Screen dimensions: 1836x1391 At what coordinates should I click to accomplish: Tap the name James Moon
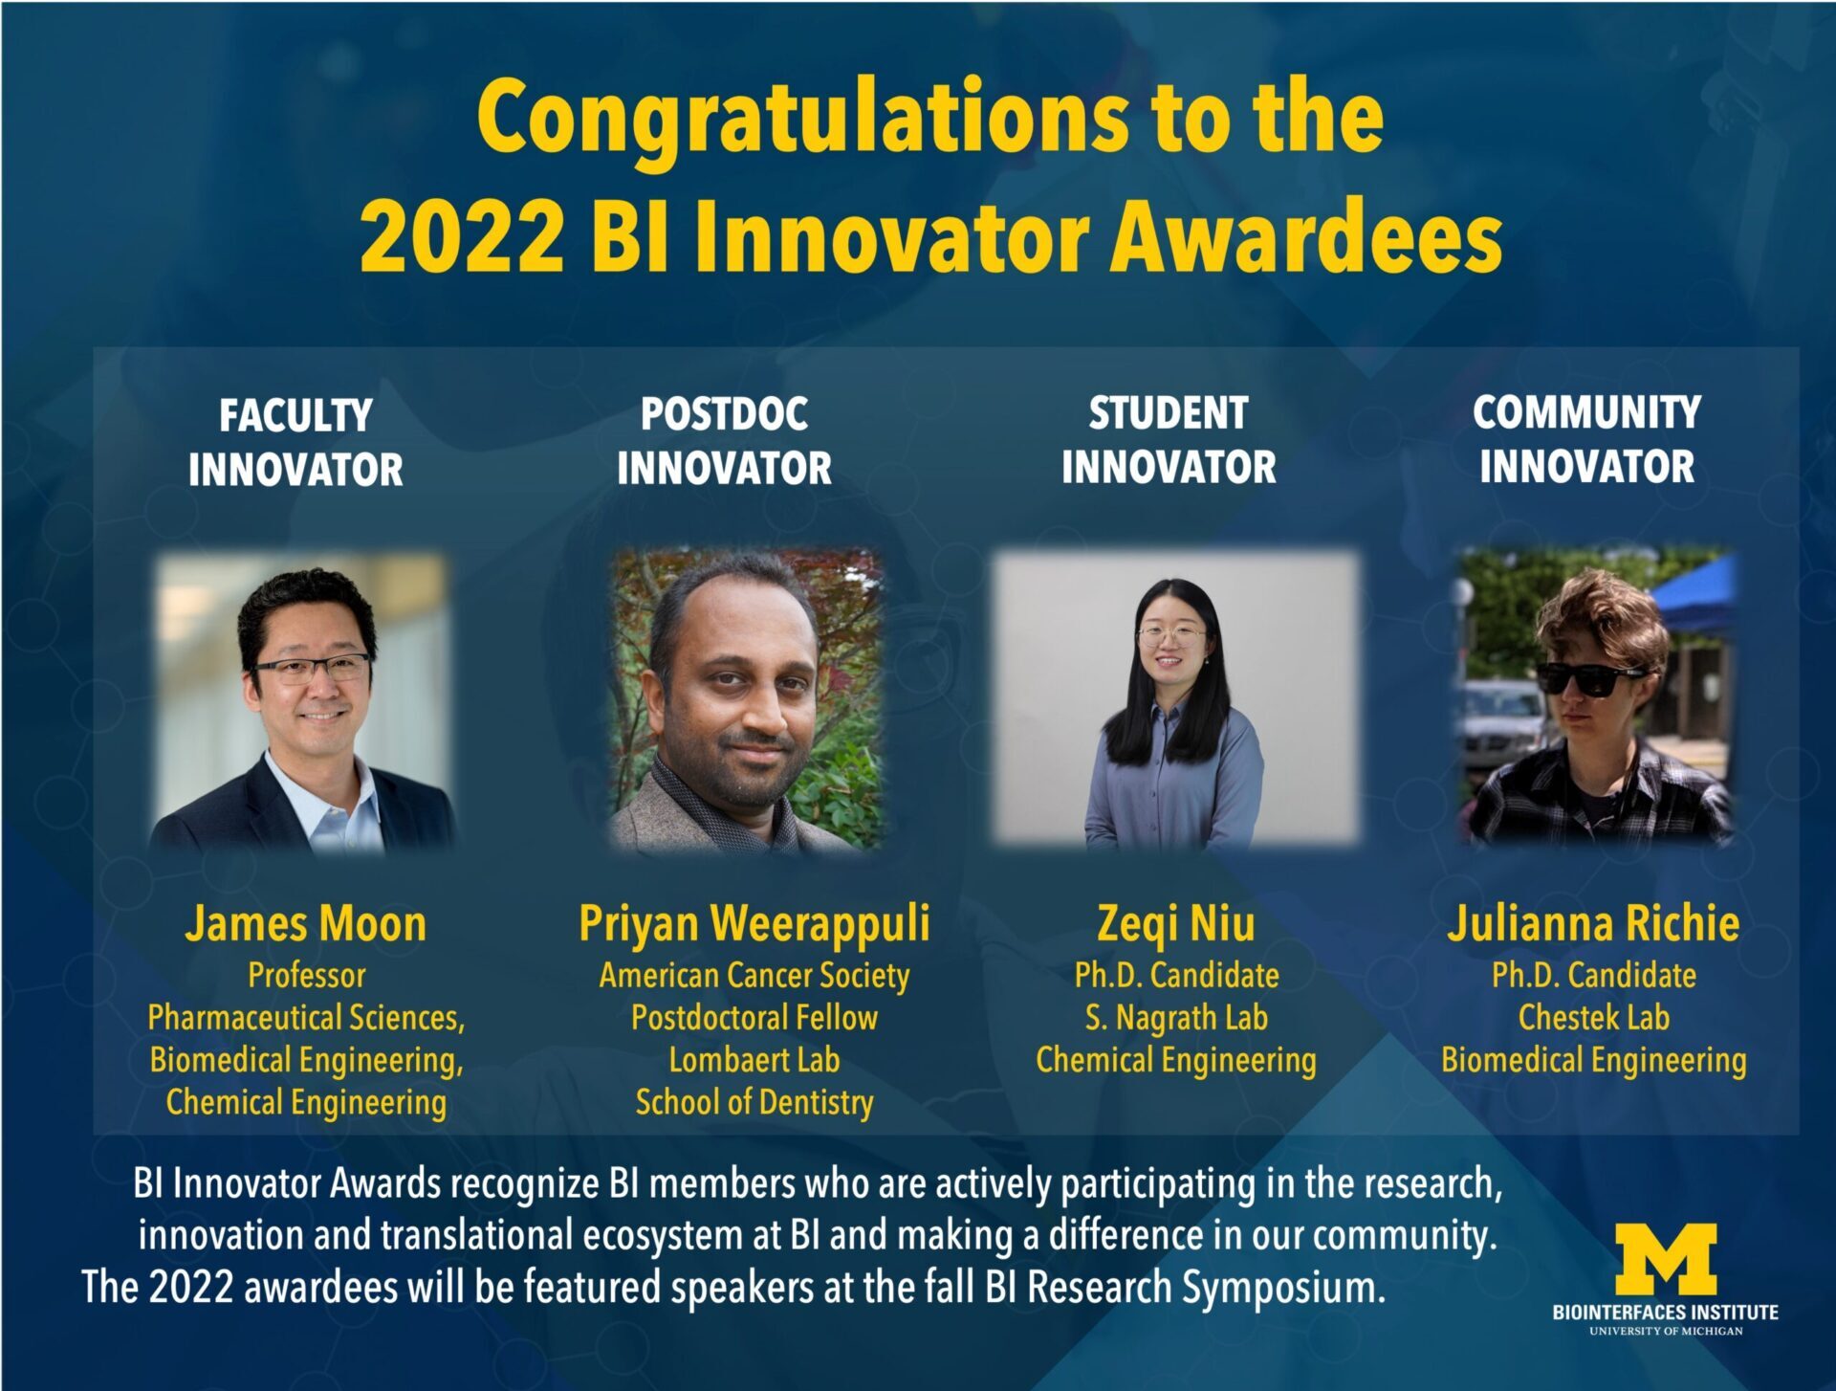[x=306, y=924]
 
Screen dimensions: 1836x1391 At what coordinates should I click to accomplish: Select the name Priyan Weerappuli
[x=754, y=925]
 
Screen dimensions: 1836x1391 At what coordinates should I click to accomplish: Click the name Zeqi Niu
[x=1176, y=925]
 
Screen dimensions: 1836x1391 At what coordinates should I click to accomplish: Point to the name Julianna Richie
[x=1593, y=923]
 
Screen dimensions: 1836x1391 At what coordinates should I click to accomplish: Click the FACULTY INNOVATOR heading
[x=295, y=442]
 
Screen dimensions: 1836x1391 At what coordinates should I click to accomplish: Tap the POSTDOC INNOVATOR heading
[x=724, y=440]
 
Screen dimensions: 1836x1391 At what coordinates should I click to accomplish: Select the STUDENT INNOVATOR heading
[x=1169, y=439]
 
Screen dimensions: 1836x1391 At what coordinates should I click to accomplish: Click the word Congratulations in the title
[x=802, y=121]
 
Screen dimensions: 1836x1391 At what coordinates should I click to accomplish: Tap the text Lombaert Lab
[x=754, y=1060]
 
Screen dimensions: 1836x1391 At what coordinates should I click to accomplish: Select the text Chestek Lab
[x=1594, y=1018]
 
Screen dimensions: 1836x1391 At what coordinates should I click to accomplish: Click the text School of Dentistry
[x=754, y=1103]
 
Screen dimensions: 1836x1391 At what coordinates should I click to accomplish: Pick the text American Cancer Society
[x=754, y=976]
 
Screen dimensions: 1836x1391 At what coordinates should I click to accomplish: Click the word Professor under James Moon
[x=307, y=976]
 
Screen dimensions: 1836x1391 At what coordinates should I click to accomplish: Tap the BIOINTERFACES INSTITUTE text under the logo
[x=1666, y=1313]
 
